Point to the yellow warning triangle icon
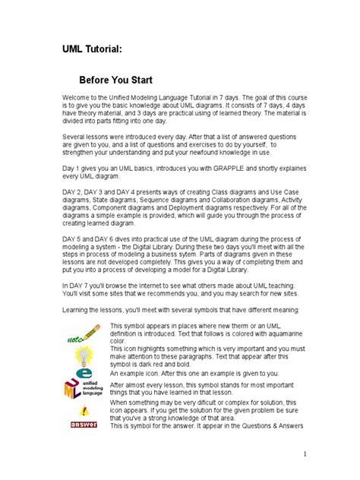[83, 411]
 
